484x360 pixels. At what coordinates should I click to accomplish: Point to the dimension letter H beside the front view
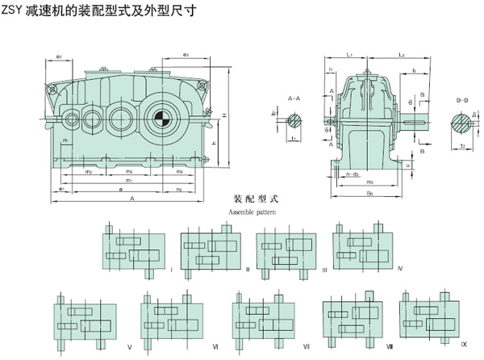pyautogui.click(x=223, y=114)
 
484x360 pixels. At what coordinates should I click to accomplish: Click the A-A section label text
pyautogui.click(x=295, y=98)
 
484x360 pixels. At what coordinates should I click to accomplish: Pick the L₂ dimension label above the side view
pyautogui.click(x=401, y=53)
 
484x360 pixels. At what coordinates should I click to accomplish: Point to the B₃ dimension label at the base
pyautogui.click(x=369, y=194)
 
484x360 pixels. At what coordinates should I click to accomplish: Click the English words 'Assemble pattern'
pyautogui.click(x=252, y=211)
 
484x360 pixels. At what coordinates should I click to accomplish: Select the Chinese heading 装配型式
pyautogui.click(x=253, y=199)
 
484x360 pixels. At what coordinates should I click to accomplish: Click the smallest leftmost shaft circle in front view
pyautogui.click(x=71, y=120)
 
